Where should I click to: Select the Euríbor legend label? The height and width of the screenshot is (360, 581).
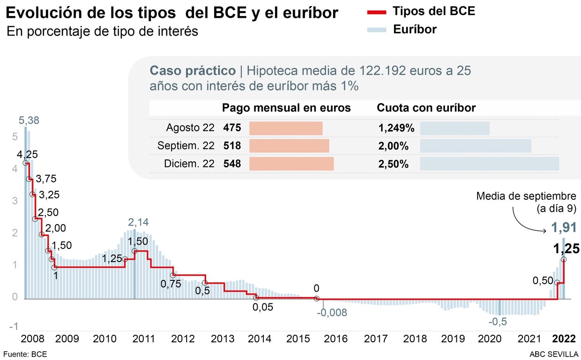pyautogui.click(x=415, y=30)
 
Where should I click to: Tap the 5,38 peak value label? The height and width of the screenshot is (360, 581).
pyautogui.click(x=29, y=120)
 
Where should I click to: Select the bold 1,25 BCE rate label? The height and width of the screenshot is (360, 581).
pyautogui.click(x=566, y=248)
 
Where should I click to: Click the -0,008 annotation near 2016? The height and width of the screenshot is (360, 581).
pyautogui.click(x=332, y=313)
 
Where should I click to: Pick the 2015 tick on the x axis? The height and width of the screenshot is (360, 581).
pyautogui.click(x=297, y=339)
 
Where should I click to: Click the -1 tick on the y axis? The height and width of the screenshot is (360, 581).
pyautogui.click(x=15, y=326)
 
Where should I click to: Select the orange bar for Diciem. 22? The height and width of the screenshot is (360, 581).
pyautogui.click(x=291, y=164)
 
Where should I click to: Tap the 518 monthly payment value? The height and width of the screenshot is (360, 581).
pyautogui.click(x=232, y=146)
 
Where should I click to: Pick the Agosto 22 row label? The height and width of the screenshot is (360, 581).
pyautogui.click(x=190, y=128)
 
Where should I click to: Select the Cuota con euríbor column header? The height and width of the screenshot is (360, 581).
pyautogui.click(x=426, y=108)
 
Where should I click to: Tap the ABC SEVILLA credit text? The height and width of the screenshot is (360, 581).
pyautogui.click(x=553, y=354)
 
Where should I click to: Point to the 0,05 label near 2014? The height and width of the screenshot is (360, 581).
pyautogui.click(x=262, y=307)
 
